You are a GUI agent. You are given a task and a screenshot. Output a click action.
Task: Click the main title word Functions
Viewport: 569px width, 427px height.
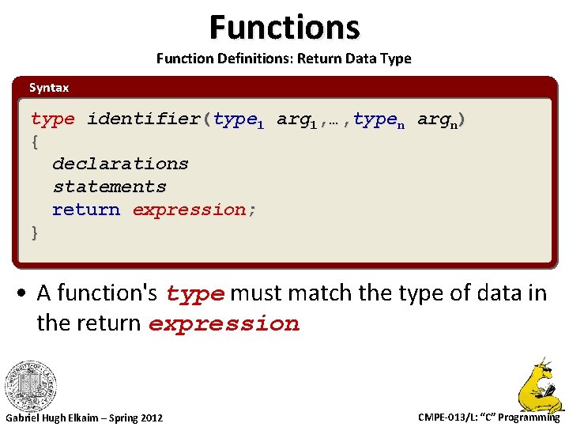(284, 27)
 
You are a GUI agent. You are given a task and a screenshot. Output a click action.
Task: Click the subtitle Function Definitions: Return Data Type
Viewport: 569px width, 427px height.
(284, 59)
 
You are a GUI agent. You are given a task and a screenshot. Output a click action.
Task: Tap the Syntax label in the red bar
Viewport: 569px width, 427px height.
(49, 88)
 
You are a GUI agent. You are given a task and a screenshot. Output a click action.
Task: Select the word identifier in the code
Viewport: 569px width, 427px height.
(144, 119)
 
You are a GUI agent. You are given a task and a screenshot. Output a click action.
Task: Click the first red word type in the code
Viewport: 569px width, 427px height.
(53, 119)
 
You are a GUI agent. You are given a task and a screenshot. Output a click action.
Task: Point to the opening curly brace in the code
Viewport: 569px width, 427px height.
(35, 142)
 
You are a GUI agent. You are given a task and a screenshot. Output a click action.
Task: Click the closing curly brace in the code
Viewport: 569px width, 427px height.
(35, 232)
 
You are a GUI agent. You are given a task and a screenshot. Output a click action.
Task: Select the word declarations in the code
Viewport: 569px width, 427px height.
(120, 164)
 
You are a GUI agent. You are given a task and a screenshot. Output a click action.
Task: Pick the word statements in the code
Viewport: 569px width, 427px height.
(109, 187)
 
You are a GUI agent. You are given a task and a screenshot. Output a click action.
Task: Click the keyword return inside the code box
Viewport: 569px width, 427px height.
(86, 210)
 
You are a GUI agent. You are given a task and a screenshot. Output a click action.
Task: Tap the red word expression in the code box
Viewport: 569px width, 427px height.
(189, 210)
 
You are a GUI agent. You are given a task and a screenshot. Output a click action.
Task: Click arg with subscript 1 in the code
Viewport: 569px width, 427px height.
(296, 120)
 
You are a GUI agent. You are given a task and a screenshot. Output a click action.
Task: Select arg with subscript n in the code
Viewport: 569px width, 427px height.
(437, 120)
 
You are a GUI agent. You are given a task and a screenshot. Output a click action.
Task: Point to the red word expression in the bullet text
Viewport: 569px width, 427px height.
(224, 324)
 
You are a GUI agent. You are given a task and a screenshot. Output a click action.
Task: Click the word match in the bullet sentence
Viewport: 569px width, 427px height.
(322, 293)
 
